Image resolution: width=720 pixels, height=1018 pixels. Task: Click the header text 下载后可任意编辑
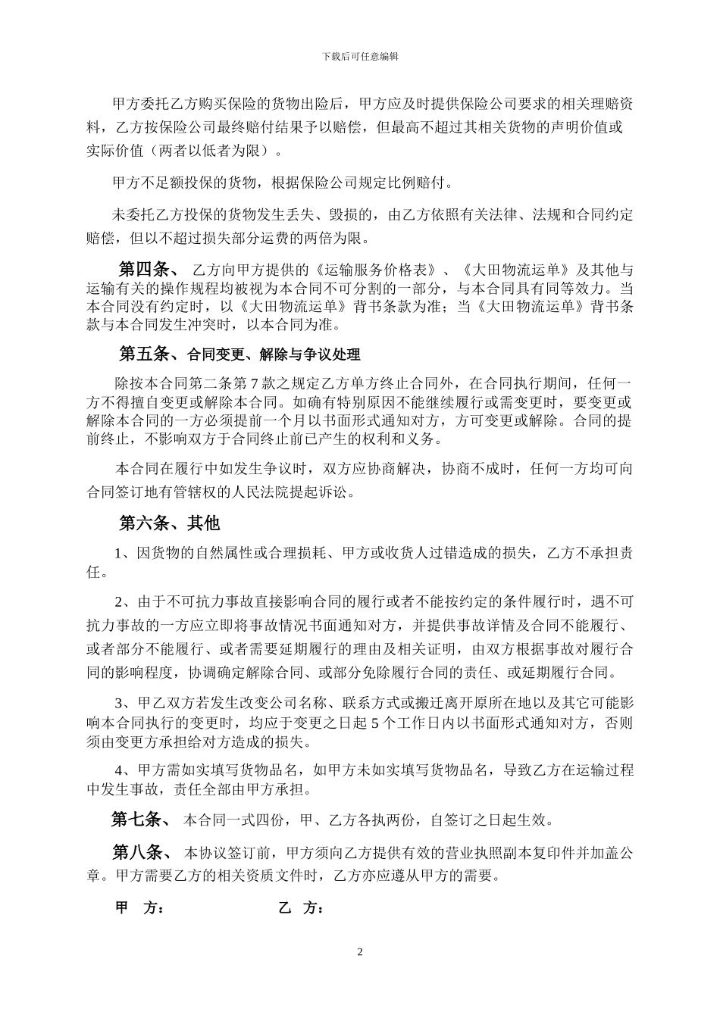point(360,56)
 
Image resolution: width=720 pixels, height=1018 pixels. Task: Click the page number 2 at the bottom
point(360,951)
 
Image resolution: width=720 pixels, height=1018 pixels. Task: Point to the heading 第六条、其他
point(169,523)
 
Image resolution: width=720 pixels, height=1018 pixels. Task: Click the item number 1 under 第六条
point(119,554)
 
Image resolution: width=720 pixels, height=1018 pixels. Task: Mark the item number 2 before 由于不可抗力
point(119,603)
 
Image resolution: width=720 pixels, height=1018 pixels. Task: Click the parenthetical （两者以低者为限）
point(211,150)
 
